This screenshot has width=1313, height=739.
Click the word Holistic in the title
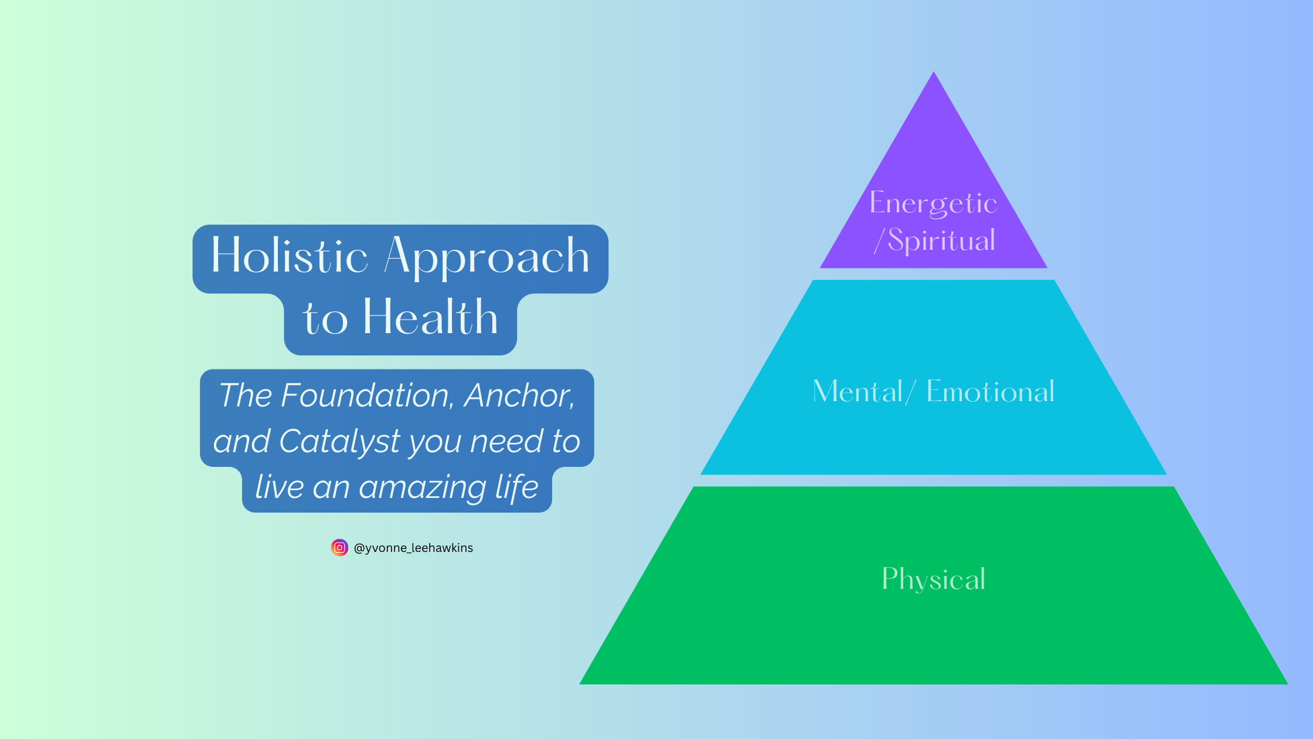290,256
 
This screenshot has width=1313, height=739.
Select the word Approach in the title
487,258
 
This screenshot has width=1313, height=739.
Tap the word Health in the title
430,317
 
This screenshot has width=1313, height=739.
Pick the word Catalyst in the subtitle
340,441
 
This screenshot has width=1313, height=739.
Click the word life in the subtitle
516,487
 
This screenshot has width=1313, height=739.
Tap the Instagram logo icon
339,548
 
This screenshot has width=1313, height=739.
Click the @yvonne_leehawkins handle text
413,548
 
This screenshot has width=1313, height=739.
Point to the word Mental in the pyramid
858,391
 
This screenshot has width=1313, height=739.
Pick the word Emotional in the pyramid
991,391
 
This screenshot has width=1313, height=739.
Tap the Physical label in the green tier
933,579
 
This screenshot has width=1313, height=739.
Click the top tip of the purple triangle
934,72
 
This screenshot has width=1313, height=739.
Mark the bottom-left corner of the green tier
580,684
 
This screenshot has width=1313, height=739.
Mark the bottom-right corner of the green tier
1288,684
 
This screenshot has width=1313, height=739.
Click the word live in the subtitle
279,487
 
